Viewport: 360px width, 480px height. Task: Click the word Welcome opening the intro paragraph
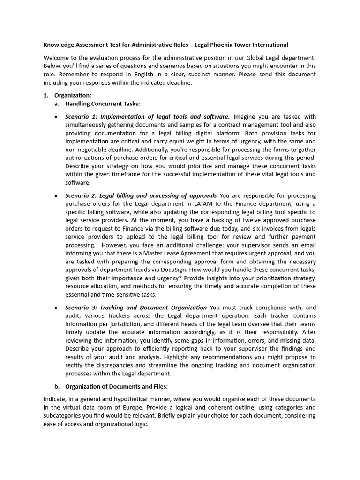click(56, 58)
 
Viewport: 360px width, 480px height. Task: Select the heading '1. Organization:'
click(71, 96)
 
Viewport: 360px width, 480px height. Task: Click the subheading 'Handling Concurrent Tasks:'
click(103, 104)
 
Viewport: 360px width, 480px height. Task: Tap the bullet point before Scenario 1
click(56, 117)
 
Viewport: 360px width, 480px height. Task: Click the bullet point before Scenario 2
click(56, 195)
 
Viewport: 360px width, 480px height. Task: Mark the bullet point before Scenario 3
click(56, 307)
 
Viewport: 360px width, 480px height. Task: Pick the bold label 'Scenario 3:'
click(82, 307)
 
